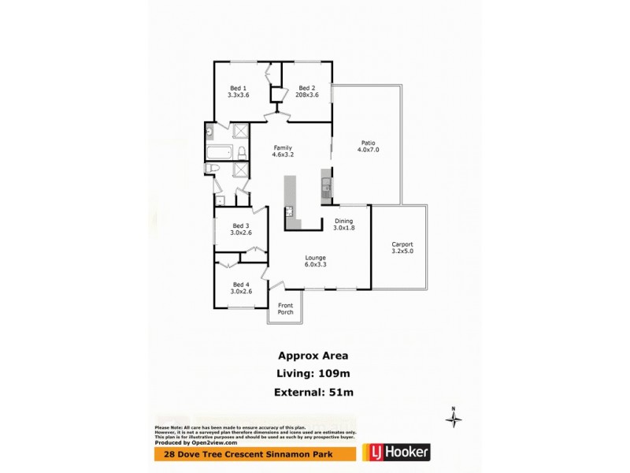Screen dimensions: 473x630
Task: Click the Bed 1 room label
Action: pyautogui.click(x=238, y=88)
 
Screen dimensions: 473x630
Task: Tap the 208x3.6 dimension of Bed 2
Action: pyautogui.click(x=307, y=95)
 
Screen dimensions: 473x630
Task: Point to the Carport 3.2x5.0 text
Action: pyautogui.click(x=402, y=248)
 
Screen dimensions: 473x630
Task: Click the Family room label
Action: pyautogui.click(x=283, y=147)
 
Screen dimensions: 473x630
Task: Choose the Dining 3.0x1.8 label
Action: pyautogui.click(x=343, y=225)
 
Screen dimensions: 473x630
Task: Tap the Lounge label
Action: pyautogui.click(x=316, y=258)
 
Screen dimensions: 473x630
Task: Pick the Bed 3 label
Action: pyautogui.click(x=240, y=225)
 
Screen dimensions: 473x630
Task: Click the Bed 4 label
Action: pyautogui.click(x=240, y=285)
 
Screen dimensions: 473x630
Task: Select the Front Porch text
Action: pyautogui.click(x=285, y=308)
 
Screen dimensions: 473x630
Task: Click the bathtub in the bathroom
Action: pyautogui.click(x=220, y=153)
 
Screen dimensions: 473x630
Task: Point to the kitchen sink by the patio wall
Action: pyautogui.click(x=325, y=187)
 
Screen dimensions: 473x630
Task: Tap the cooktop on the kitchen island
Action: pyautogui.click(x=290, y=210)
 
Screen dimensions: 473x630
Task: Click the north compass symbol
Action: pyautogui.click(x=454, y=419)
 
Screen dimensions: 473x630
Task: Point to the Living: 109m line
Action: pyautogui.click(x=315, y=373)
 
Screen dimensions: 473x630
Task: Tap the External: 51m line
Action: pyautogui.click(x=315, y=392)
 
